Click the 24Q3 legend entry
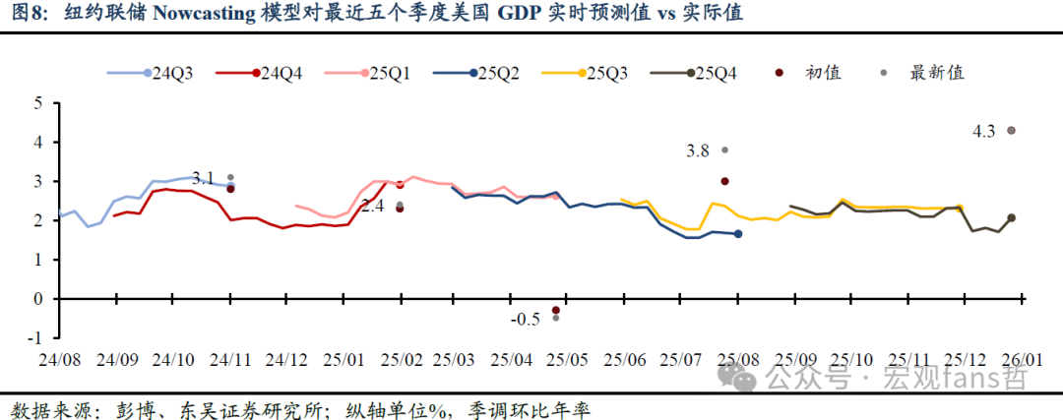click(x=172, y=73)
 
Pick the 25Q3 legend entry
click(x=606, y=73)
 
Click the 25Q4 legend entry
click(x=715, y=73)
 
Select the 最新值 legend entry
click(x=936, y=73)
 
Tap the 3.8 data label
click(x=697, y=150)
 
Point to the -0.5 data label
click(x=526, y=319)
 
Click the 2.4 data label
click(x=373, y=207)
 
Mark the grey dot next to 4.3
click(x=1011, y=130)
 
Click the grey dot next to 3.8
click(x=725, y=150)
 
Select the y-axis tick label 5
click(x=38, y=103)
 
